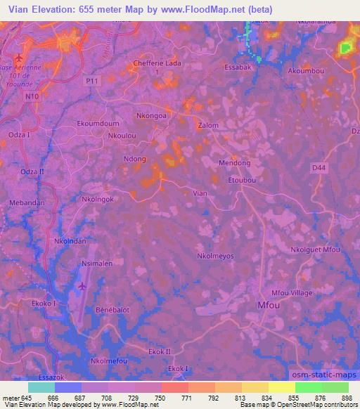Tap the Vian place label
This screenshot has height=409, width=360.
200,192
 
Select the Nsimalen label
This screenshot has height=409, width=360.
97,264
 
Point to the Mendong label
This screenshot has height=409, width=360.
234,163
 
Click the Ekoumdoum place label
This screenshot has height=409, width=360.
97,124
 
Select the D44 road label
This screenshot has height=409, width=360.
319,167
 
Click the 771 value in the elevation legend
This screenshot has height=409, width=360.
186,398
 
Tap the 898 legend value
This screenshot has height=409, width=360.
345,398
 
